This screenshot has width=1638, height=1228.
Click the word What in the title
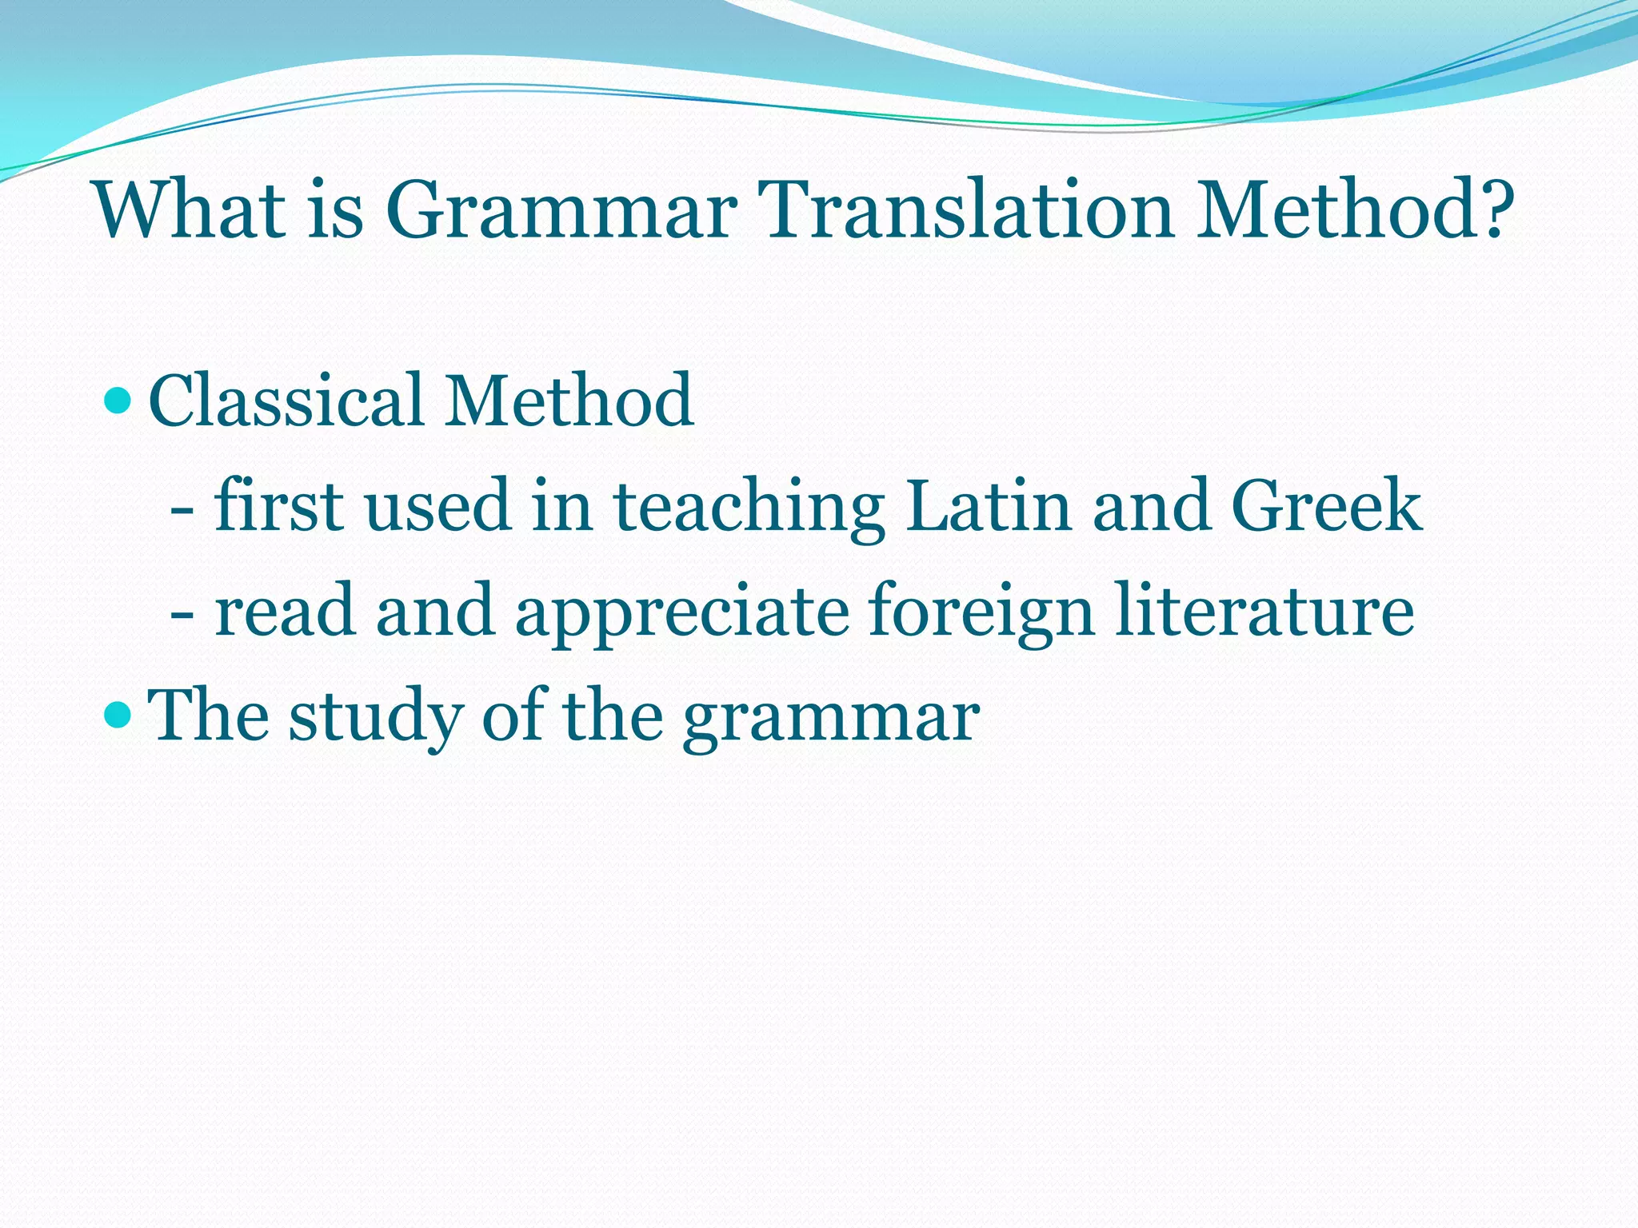[190, 209]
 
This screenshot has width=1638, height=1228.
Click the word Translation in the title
[969, 209]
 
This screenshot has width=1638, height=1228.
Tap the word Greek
[1327, 505]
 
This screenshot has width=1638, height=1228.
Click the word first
[279, 505]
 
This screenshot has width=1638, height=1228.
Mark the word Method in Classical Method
[569, 400]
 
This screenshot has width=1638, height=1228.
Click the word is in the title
[336, 209]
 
